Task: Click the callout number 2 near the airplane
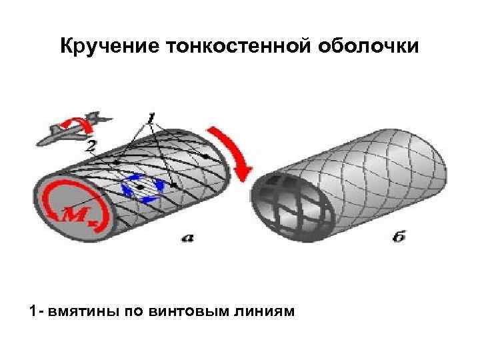[x=92, y=145]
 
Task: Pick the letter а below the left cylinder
[x=187, y=237]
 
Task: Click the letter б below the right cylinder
[x=398, y=237]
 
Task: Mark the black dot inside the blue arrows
[x=142, y=188]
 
